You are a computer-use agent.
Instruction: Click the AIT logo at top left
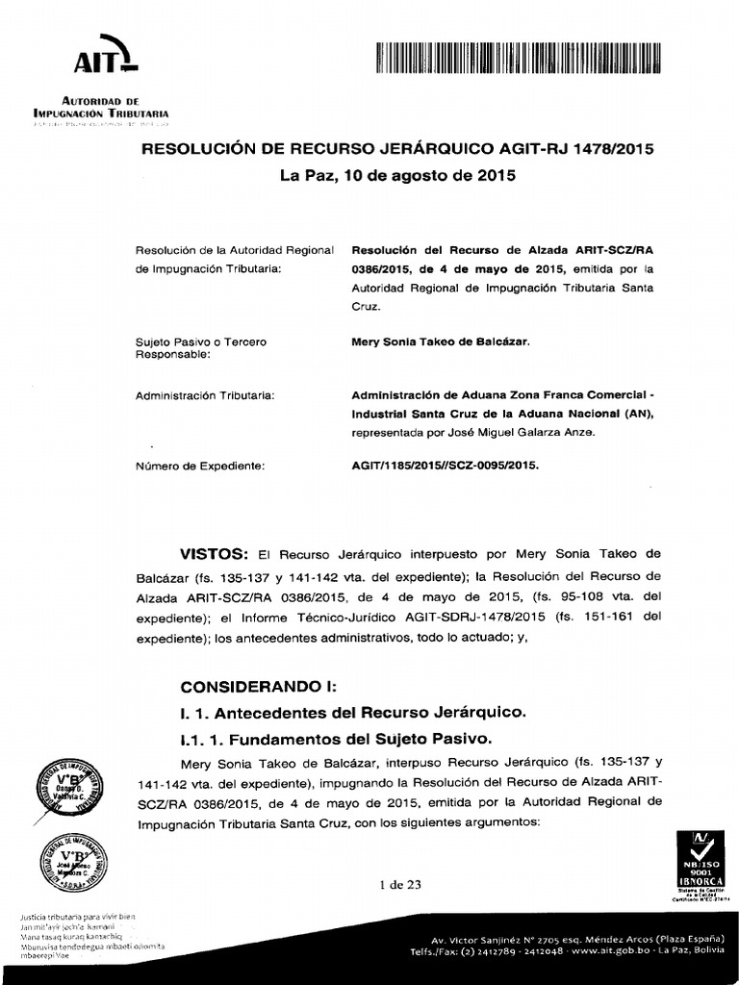107,60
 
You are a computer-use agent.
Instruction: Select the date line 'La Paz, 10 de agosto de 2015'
397,176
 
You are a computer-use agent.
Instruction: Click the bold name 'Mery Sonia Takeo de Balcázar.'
441,341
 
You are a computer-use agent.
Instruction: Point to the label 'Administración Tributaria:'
204,395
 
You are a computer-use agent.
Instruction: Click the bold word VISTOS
215,555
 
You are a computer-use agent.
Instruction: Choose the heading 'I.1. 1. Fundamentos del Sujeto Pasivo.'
336,740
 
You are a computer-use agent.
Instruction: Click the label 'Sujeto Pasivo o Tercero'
200,341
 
